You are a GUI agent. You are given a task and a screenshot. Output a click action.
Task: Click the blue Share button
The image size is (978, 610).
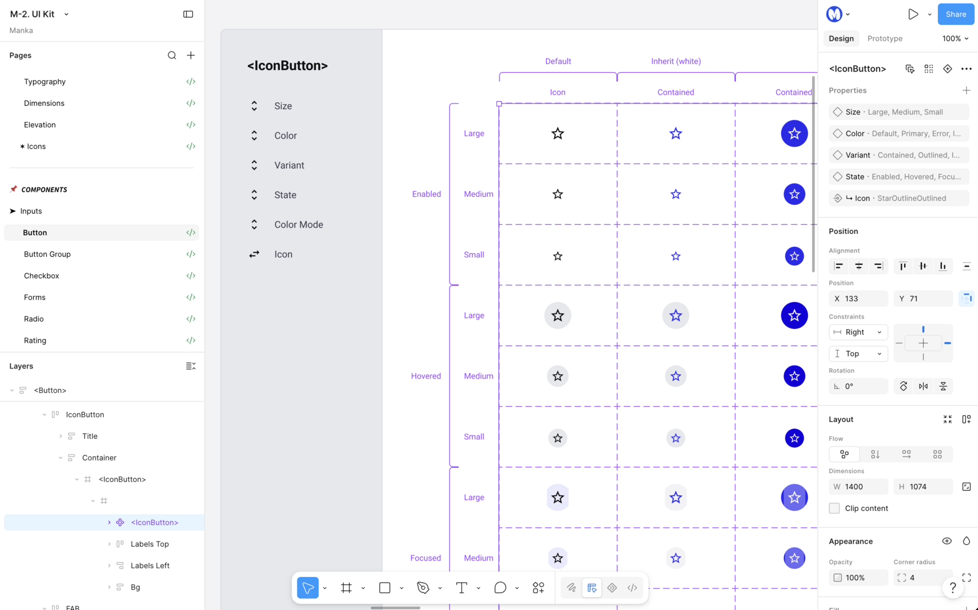[x=956, y=14]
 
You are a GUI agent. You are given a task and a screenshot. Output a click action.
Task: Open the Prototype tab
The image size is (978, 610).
[x=885, y=38]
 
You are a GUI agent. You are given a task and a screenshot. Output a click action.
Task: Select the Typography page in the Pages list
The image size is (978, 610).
[x=44, y=81]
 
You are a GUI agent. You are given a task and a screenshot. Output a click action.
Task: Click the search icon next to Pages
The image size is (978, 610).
[x=172, y=55]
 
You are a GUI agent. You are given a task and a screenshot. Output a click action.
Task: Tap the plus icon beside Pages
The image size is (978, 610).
[x=191, y=55]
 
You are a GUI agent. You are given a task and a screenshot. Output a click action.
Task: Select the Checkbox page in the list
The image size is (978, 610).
[x=41, y=275]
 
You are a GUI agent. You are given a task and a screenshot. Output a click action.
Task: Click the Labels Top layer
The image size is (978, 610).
[x=150, y=544]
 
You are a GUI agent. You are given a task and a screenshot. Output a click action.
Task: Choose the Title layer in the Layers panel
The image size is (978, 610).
[x=90, y=436]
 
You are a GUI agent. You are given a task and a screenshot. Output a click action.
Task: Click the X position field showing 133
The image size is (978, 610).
[x=858, y=299]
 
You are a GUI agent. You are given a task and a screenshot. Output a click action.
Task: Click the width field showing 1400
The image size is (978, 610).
[x=858, y=487]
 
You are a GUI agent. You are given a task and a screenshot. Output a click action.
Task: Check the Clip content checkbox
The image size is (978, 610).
[x=834, y=508]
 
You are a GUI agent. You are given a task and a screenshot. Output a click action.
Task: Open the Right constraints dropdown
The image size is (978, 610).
[x=858, y=332]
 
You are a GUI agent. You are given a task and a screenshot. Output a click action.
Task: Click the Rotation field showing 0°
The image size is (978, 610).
[x=858, y=386]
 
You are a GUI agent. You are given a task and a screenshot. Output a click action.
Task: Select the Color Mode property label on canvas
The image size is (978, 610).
[x=299, y=225]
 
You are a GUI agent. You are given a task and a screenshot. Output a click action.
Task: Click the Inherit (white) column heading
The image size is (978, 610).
[x=676, y=61]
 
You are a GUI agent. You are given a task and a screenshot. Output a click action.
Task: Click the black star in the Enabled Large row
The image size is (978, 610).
[x=558, y=134]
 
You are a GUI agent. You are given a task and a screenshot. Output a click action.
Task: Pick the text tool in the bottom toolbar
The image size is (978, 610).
[x=462, y=588]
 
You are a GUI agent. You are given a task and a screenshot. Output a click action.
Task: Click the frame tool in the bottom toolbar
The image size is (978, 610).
[x=346, y=588]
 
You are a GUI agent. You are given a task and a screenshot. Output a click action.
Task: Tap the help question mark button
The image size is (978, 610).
[x=952, y=588]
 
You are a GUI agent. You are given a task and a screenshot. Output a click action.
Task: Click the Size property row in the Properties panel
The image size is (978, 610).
[x=899, y=112]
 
